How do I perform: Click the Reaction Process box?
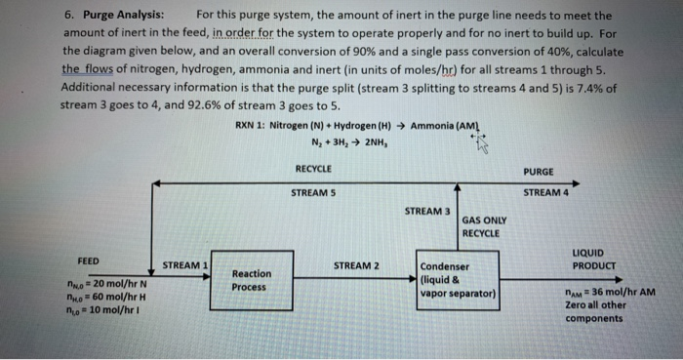pyautogui.click(x=252, y=280)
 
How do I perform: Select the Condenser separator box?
pyautogui.click(x=458, y=280)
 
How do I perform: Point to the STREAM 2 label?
pyautogui.click(x=356, y=265)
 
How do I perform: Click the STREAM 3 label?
pyautogui.click(x=427, y=211)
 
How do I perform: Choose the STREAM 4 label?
pyautogui.click(x=545, y=192)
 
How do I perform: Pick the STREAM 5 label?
pyautogui.click(x=314, y=192)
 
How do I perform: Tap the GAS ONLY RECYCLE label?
pyautogui.click(x=481, y=227)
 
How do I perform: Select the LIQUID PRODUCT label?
pyautogui.click(x=594, y=260)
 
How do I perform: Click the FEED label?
pyautogui.click(x=89, y=261)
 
